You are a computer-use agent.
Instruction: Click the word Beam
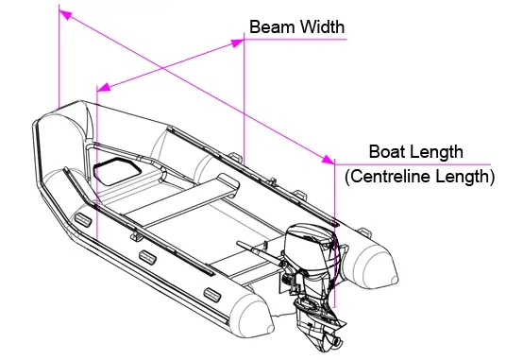(269, 26)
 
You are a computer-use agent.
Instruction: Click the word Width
(319, 26)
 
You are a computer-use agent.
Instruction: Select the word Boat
(387, 151)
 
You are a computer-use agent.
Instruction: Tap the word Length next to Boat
(436, 152)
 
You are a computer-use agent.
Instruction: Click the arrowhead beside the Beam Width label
(238, 43)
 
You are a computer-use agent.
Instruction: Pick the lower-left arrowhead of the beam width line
(104, 87)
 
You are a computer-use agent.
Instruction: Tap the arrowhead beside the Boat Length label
(329, 160)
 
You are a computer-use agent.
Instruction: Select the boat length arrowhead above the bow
(65, 14)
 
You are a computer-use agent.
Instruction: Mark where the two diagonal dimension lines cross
(162, 68)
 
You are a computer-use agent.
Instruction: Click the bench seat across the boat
(182, 199)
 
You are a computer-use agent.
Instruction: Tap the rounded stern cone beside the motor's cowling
(377, 263)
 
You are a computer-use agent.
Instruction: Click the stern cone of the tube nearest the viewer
(254, 317)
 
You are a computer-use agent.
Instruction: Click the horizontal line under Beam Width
(295, 39)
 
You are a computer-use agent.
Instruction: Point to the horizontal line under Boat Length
(413, 164)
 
